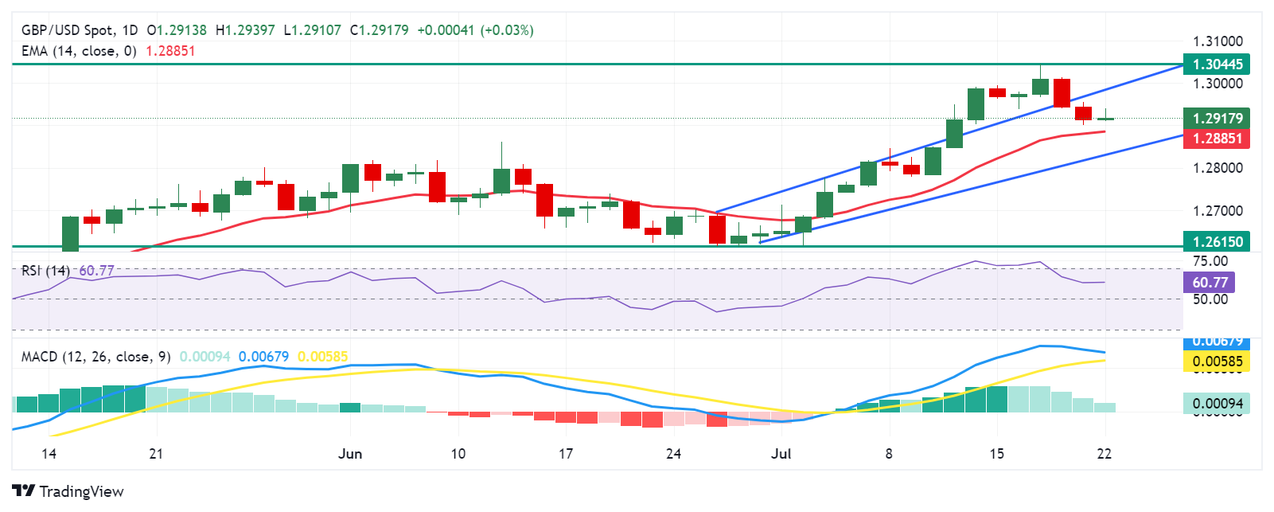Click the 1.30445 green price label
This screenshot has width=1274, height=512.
pos(1217,64)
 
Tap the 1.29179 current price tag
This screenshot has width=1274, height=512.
pos(1217,119)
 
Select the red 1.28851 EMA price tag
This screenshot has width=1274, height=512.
pos(1217,138)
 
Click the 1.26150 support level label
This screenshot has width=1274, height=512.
pos(1217,241)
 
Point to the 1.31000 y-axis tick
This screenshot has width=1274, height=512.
pos(1217,41)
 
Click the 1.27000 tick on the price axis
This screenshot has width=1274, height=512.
pos(1217,211)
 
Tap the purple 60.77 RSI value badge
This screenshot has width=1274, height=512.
pos(1210,282)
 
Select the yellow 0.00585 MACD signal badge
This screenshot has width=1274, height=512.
pos(1217,362)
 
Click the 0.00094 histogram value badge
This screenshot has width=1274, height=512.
pos(1217,403)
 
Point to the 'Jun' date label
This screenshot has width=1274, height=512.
pos(350,454)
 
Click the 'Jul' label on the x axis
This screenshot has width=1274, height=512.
pos(781,454)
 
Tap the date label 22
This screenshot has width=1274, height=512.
pos(1104,454)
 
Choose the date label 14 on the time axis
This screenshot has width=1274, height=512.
pos(49,454)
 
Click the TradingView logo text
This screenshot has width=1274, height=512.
pos(68,491)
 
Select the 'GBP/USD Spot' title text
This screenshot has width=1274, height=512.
pos(67,30)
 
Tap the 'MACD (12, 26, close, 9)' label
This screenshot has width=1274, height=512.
pos(95,357)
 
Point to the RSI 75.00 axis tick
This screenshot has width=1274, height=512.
pos(1210,261)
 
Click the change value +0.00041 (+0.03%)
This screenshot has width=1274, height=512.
pos(475,30)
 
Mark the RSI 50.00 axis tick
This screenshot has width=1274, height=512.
pos(1210,299)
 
